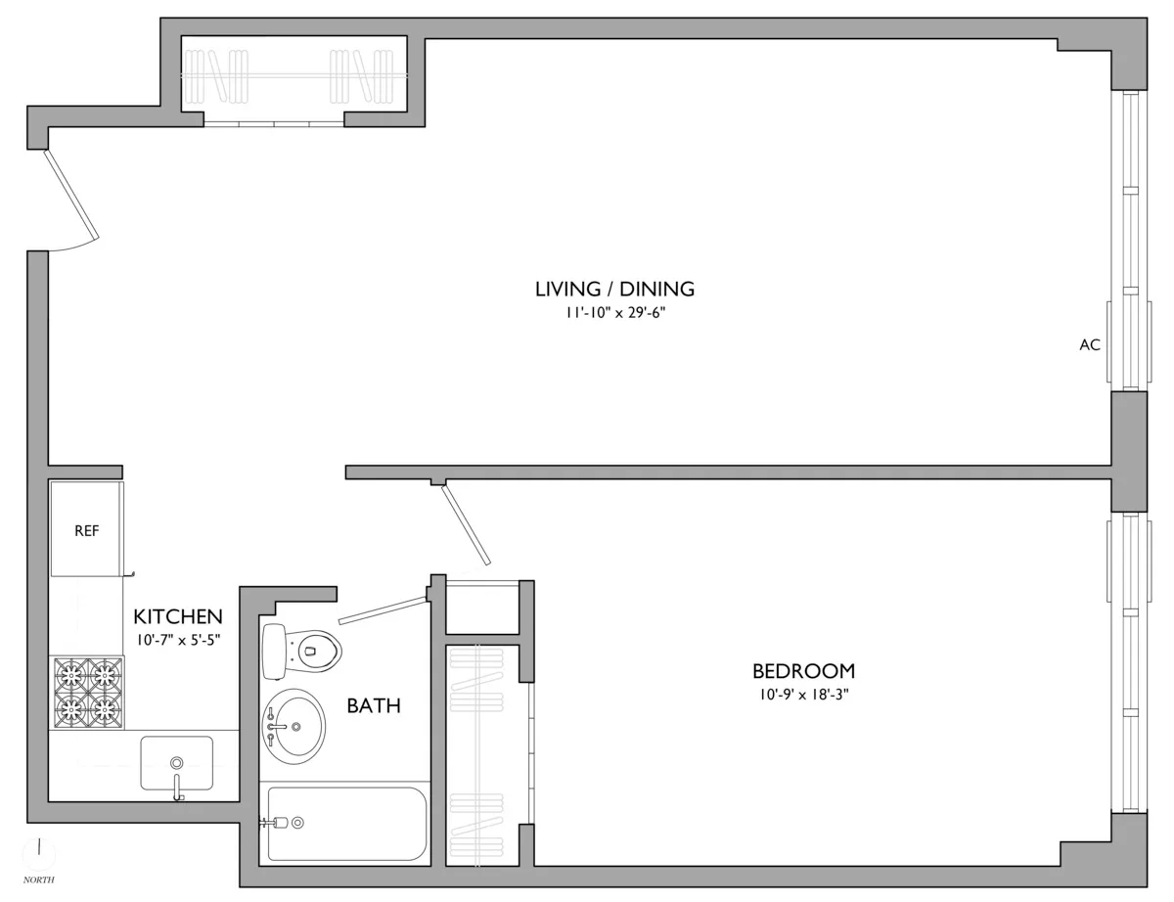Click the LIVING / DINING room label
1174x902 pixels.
tap(614, 289)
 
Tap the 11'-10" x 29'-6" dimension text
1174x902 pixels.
tap(614, 314)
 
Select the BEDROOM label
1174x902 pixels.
tap(803, 671)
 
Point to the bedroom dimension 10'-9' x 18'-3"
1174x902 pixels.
tap(803, 696)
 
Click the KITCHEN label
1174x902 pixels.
tap(178, 617)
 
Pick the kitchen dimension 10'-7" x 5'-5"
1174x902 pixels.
tap(178, 642)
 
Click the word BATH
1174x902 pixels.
tap(374, 705)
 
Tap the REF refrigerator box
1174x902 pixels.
tap(87, 530)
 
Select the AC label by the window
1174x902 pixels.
tap(1090, 344)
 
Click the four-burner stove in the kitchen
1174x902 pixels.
tap(88, 691)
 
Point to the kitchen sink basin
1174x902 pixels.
tap(176, 762)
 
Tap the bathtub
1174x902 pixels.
tap(344, 823)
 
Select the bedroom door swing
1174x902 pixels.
tap(466, 524)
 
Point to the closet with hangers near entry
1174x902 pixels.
tap(293, 76)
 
